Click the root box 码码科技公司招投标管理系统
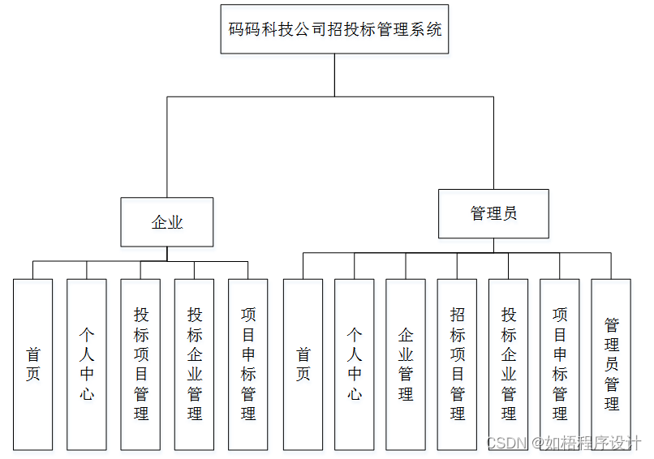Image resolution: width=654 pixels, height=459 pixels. tap(334, 29)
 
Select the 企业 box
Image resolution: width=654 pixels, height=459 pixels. tap(167, 222)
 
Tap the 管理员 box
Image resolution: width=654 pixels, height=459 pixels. tap(493, 214)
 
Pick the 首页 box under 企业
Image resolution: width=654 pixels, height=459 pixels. tap(33, 364)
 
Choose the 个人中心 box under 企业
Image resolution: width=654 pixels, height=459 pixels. tap(87, 364)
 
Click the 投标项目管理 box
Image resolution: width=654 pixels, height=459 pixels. tap(141, 364)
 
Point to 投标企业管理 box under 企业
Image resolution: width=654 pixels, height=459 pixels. tap(195, 364)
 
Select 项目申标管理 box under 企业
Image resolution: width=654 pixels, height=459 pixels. tap(248, 364)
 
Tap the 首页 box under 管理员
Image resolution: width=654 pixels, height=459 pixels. tap(303, 364)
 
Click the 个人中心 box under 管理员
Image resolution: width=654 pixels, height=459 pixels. tap(355, 364)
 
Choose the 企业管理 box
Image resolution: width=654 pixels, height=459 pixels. tap(406, 364)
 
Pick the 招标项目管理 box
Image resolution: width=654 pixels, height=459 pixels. tap(458, 364)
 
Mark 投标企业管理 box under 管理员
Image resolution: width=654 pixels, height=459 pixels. tap(509, 364)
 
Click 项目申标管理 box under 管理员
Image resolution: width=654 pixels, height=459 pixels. tap(560, 364)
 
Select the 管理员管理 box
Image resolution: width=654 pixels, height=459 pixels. tap(611, 364)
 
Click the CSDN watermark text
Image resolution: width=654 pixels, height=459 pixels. tap(503, 443)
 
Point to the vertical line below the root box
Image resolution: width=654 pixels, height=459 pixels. tap(334, 75)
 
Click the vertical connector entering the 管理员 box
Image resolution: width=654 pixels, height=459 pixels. tap(493, 143)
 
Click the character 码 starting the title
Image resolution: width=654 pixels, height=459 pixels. tap(236, 29)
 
